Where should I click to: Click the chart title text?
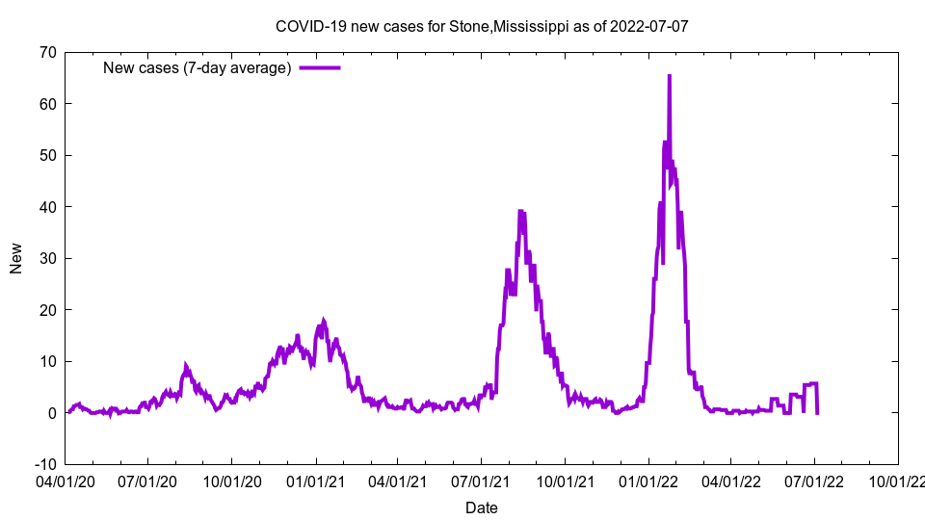coord(482,26)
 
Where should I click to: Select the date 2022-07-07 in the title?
coord(651,26)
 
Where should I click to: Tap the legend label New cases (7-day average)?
coord(197,67)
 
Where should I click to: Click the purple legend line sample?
coord(320,67)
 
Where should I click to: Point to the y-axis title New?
coord(16,258)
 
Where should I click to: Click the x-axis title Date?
coord(482,507)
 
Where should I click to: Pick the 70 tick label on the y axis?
coord(47,52)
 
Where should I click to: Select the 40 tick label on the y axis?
coord(47,207)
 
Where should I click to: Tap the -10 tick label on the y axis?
coord(44,464)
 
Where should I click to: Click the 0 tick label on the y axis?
coord(51,413)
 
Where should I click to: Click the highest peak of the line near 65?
coord(669,76)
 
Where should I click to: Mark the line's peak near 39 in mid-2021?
coord(520,211)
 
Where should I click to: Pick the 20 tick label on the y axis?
coord(47,310)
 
